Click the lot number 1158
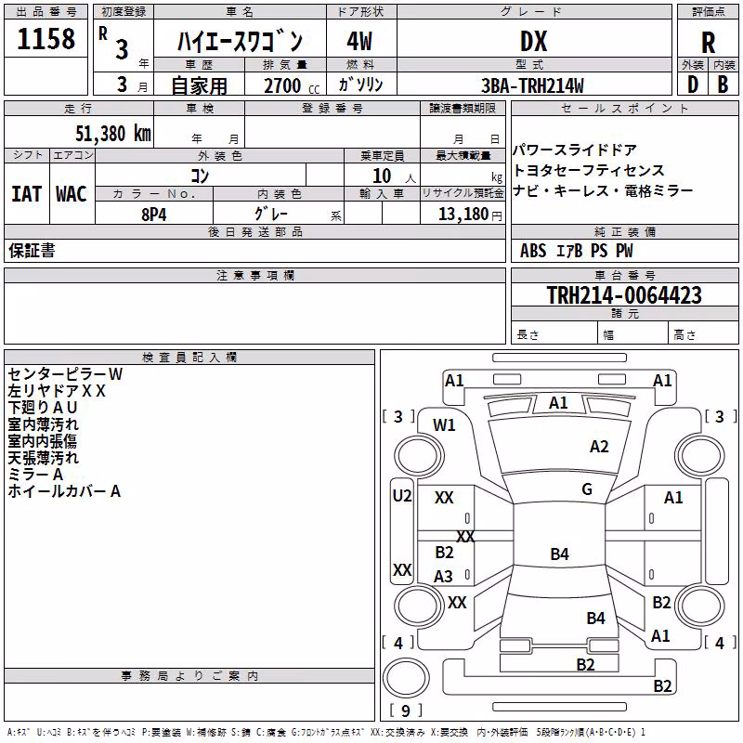(x=46, y=39)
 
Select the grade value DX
(x=533, y=41)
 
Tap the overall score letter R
(x=708, y=43)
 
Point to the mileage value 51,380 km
(x=113, y=134)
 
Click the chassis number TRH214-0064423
(x=624, y=294)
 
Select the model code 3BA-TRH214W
(x=532, y=85)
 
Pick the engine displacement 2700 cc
(x=292, y=85)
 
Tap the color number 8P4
(x=154, y=215)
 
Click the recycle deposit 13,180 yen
(x=470, y=215)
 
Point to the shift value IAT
(x=27, y=194)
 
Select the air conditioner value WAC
(x=72, y=194)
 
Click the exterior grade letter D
(x=693, y=85)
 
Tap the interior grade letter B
(x=723, y=85)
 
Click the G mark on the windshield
(x=587, y=489)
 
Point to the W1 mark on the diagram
(x=444, y=425)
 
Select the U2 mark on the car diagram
(x=402, y=496)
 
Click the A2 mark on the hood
(x=599, y=447)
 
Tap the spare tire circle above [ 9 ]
(x=406, y=678)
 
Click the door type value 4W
(x=359, y=41)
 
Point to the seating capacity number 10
(x=382, y=176)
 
